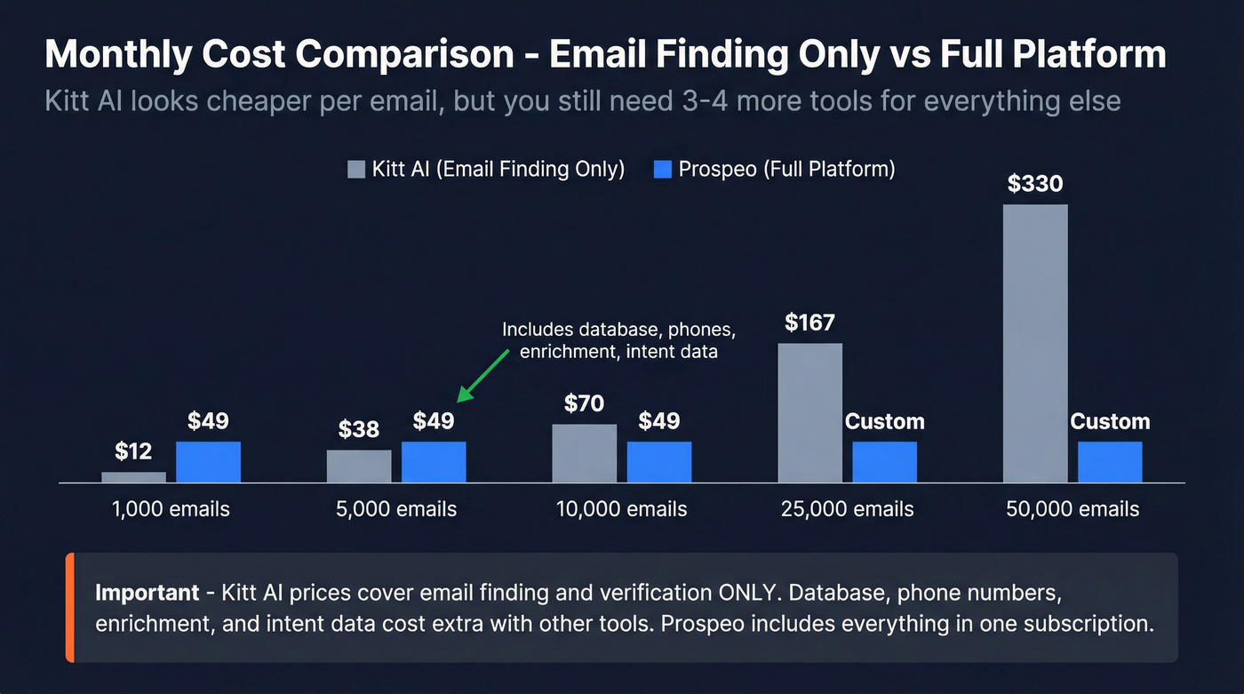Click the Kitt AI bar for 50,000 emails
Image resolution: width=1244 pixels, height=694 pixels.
pos(1035,343)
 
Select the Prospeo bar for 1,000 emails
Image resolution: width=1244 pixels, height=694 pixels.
pos(208,462)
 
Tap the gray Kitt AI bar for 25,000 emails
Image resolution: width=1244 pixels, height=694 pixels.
pos(809,412)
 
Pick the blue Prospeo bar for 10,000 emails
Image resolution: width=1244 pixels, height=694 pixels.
pos(659,462)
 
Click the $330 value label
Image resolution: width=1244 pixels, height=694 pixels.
pos(1035,184)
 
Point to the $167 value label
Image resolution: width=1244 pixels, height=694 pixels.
pos(809,322)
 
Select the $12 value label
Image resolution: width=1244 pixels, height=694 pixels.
pos(133,451)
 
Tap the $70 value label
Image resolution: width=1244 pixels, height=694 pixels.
pos(584,403)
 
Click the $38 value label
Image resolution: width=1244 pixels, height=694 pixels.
pos(358,429)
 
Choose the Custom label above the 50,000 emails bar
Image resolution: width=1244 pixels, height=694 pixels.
pos(1110,421)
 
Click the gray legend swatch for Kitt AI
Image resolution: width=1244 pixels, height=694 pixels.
pos(356,170)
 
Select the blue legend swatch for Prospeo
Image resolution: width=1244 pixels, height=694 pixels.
pos(662,170)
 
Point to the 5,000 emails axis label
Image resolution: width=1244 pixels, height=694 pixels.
pos(396,509)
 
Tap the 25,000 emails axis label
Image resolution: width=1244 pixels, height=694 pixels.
pos(847,509)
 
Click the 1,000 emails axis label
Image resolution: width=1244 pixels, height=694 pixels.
pos(171,509)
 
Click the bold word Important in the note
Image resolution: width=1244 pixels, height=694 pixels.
pos(147,593)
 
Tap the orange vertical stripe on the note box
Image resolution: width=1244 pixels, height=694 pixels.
pos(69,608)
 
